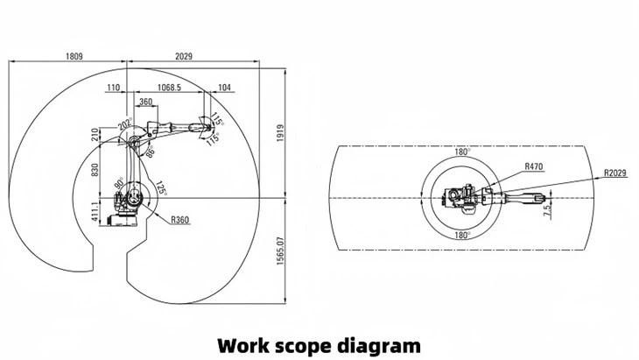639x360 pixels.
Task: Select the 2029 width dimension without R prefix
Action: point(184,56)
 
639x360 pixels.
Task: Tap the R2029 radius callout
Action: point(614,173)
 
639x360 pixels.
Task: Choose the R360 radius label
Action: point(181,219)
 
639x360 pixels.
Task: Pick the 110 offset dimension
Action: point(113,88)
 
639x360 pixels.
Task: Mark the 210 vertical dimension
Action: point(95,135)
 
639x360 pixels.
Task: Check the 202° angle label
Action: point(124,124)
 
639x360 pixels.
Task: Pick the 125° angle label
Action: point(161,187)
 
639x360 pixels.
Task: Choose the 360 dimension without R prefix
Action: point(146,102)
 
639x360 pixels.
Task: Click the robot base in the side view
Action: point(128,210)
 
